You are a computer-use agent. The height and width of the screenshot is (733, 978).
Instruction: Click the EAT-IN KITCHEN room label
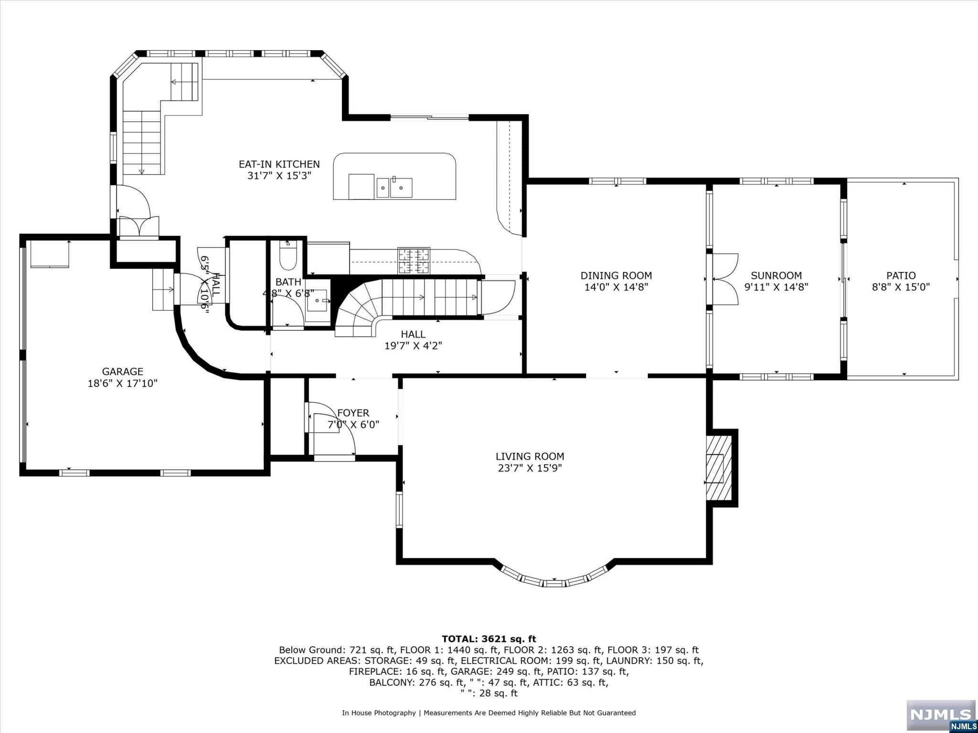click(279, 164)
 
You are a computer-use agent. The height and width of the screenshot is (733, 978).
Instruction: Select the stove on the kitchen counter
click(414, 261)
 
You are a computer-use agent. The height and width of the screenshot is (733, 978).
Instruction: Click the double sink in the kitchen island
click(394, 187)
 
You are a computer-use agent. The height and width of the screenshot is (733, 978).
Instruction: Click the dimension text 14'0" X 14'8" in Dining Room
click(616, 287)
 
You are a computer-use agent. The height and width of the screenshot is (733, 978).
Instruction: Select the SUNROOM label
click(776, 275)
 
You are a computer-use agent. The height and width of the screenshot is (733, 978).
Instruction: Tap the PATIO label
click(901, 275)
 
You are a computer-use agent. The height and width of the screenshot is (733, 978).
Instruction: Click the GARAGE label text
click(122, 371)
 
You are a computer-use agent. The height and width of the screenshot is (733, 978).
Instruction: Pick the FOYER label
click(353, 413)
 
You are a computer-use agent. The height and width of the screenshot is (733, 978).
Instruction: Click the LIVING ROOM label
click(530, 456)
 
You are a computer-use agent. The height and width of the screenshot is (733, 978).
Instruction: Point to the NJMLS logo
click(940, 715)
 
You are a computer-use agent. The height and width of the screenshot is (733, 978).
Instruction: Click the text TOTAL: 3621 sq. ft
click(489, 639)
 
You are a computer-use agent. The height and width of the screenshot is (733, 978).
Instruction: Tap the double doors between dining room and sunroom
click(725, 279)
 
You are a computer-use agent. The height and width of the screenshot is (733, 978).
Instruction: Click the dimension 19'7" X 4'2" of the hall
click(413, 346)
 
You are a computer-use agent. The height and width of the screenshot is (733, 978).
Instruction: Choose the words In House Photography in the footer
click(379, 713)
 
